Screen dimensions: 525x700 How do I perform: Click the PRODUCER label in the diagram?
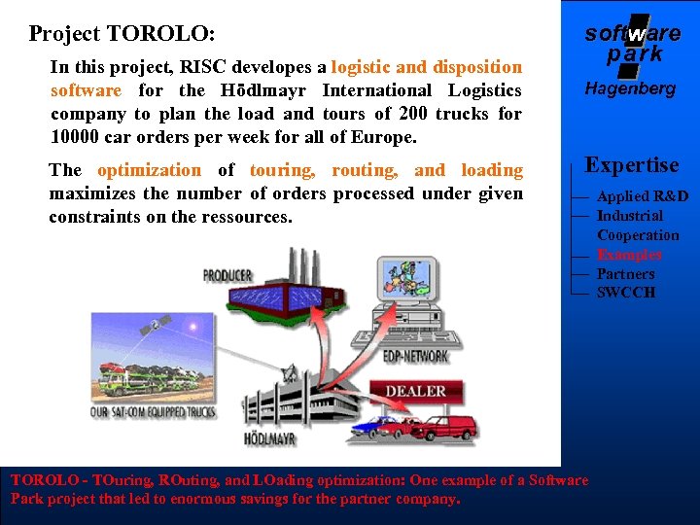pos(227,276)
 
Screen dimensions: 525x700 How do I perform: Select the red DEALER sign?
pos(415,391)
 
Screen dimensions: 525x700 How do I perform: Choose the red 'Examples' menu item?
pos(629,255)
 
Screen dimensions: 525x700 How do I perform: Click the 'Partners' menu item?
pos(625,274)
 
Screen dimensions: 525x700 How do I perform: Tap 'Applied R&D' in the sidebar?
pos(642,196)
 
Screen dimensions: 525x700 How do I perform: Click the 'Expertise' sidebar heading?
pos(632,165)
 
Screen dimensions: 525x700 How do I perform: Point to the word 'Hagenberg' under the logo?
pos(630,88)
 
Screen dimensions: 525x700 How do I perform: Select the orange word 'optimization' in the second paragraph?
pos(150,170)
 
